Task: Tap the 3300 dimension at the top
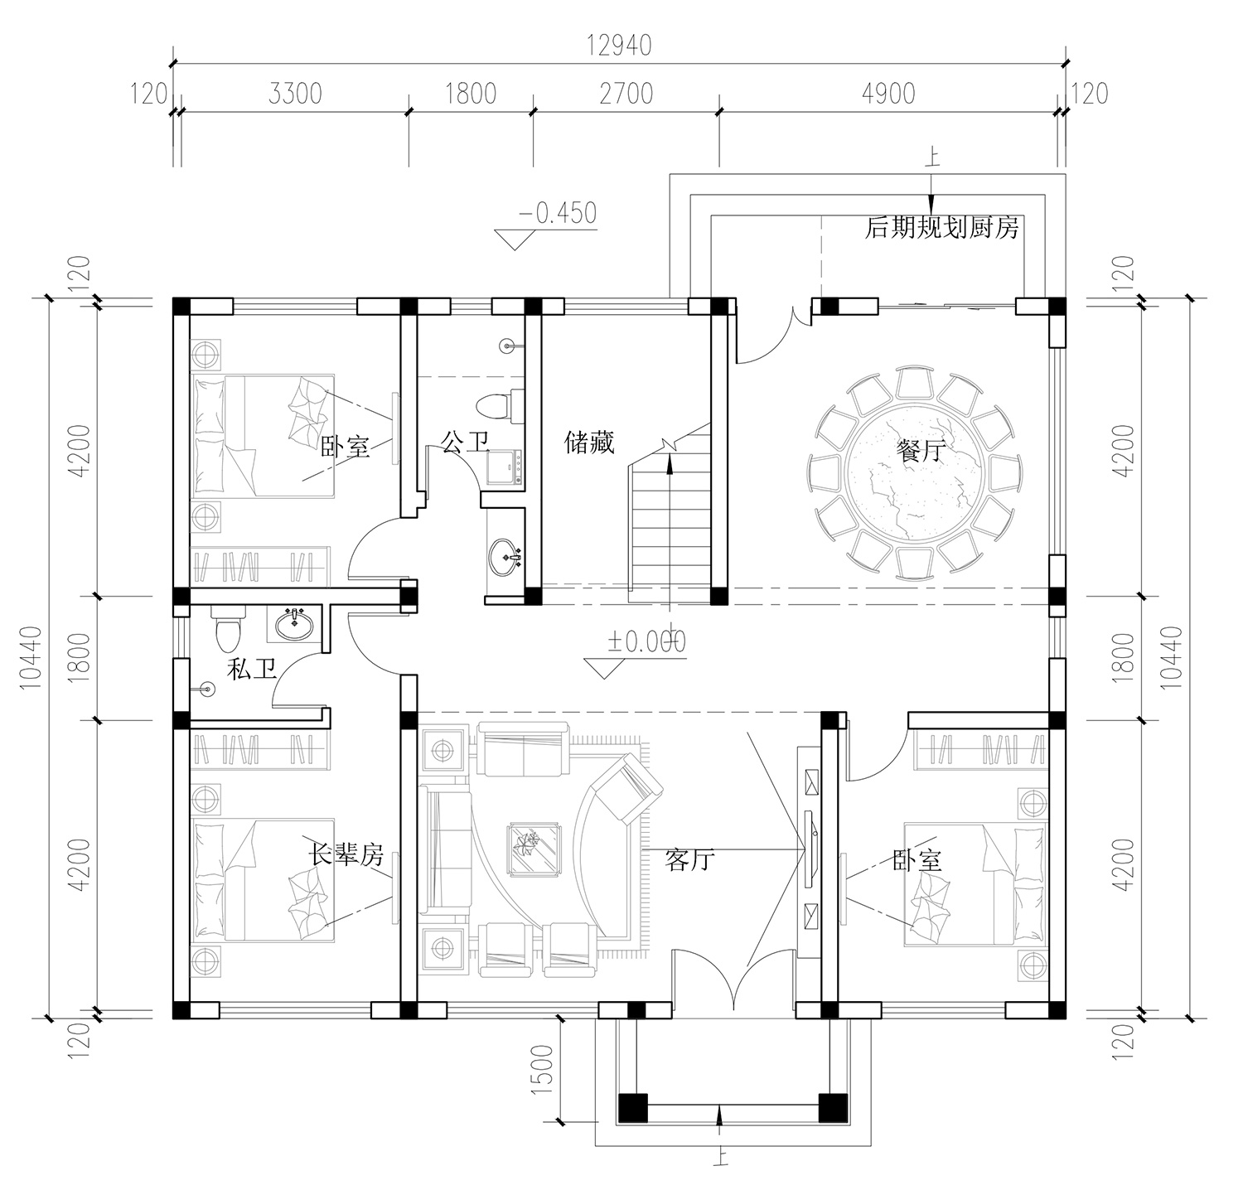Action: coord(295,94)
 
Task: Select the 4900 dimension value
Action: coord(888,94)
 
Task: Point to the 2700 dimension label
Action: coord(626,94)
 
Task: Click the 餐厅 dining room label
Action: coord(921,451)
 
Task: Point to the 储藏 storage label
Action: coord(589,443)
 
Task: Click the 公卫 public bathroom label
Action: coord(465,443)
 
